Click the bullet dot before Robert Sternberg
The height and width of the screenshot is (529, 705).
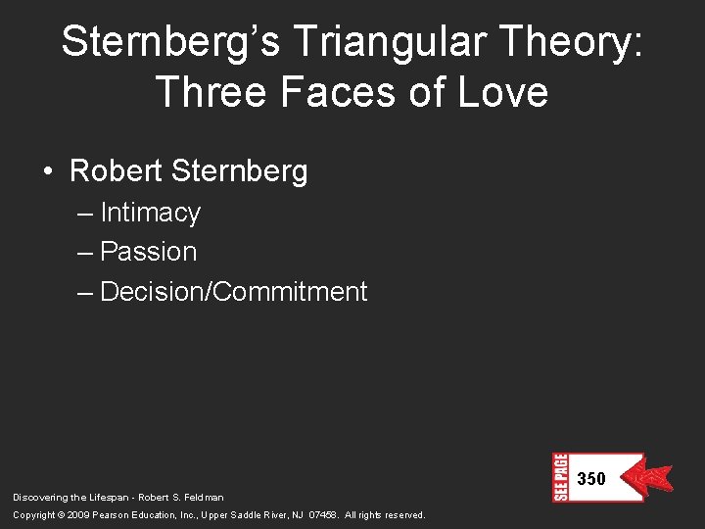pos(48,172)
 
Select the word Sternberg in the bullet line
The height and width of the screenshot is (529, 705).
pos(239,171)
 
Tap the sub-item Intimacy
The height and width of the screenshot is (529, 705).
pos(150,213)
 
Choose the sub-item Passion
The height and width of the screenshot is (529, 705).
pos(148,252)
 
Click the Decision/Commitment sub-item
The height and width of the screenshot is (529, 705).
pos(233,292)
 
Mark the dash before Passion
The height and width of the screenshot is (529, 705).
pos(85,252)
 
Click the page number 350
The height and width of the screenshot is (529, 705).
pos(591,479)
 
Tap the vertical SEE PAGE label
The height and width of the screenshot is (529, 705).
pos(560,477)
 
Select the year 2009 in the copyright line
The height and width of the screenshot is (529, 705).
pos(79,515)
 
